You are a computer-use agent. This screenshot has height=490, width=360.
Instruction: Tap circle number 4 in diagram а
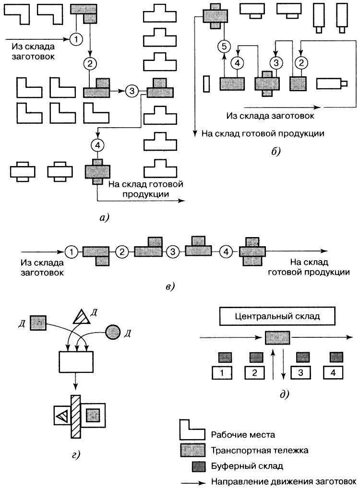click(x=97, y=143)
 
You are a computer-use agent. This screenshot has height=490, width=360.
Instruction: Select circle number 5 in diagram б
click(x=224, y=47)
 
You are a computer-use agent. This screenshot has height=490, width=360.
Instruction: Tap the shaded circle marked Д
click(x=113, y=332)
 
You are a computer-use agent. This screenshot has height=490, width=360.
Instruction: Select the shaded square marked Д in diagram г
click(x=38, y=323)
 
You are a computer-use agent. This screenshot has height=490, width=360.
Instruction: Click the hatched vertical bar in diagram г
click(x=75, y=416)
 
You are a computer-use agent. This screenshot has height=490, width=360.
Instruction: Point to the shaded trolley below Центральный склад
click(x=278, y=338)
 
